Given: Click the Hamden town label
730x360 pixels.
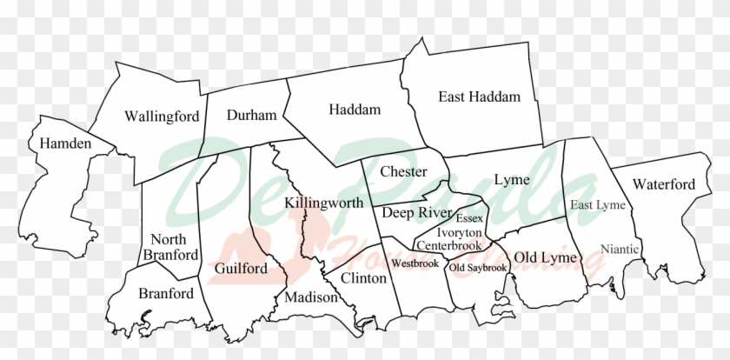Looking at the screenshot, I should click(60, 143).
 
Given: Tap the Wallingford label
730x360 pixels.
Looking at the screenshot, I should click(162, 116).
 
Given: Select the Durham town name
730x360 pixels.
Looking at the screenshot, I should click(251, 115).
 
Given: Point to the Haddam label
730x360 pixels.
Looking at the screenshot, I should click(355, 110).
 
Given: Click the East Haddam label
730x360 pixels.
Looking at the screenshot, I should click(479, 97).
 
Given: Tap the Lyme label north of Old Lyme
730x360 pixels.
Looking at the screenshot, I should click(512, 180).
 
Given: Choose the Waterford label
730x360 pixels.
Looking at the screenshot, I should click(664, 184).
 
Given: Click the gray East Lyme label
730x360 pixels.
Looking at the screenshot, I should click(598, 205).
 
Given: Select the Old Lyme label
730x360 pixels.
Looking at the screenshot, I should click(541, 257).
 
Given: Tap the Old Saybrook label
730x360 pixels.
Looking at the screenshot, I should click(478, 268).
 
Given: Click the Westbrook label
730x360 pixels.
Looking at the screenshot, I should click(414, 262).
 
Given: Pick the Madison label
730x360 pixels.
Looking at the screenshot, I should click(310, 297).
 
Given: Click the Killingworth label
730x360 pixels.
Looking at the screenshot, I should click(323, 203).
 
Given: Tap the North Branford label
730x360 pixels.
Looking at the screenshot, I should click(175, 247).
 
